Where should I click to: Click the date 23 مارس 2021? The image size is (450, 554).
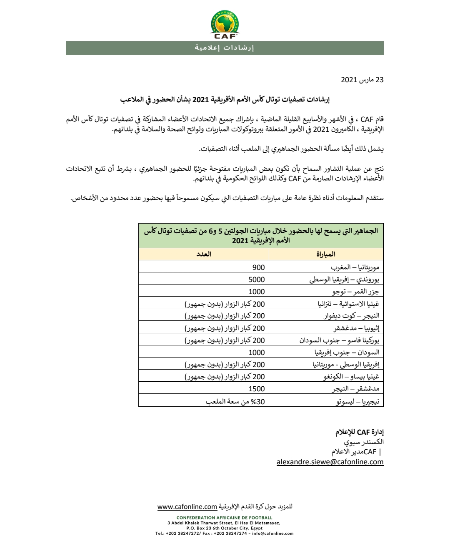point(362,80)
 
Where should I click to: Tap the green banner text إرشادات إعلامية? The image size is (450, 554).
point(225,48)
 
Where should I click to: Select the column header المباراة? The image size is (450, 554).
point(326,254)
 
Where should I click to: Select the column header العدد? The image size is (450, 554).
point(204,254)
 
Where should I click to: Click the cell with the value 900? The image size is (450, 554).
point(258,267)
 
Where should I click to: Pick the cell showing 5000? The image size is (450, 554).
point(256,280)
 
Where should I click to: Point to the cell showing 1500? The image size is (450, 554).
point(256,389)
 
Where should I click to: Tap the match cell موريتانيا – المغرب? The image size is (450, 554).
point(355,267)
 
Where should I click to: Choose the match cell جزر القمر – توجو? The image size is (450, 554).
point(355,292)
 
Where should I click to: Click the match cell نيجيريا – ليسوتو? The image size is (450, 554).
point(357,401)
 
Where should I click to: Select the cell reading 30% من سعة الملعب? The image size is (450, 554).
point(235,401)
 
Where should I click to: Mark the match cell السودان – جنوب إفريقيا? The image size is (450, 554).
point(347,353)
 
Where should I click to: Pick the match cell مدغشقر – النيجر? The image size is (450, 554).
point(355,389)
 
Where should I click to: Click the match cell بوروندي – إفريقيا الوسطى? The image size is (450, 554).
point(344,280)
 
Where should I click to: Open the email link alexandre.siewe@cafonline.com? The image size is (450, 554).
point(330,462)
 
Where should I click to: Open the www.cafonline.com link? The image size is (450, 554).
point(187,506)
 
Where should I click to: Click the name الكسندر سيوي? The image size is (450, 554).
point(364,442)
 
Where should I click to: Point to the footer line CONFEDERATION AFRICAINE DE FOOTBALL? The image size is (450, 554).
point(225,518)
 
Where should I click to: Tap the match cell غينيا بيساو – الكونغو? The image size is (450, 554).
point(351,377)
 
